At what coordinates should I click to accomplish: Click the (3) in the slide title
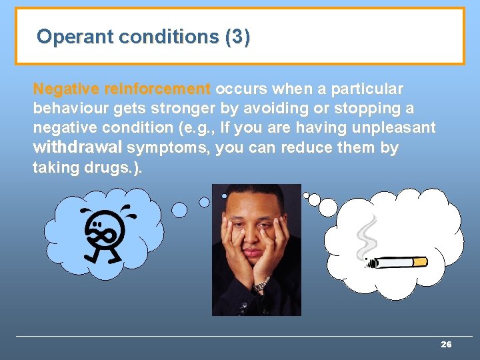pyautogui.click(x=238, y=36)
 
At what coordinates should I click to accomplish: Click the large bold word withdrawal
pyautogui.click(x=77, y=147)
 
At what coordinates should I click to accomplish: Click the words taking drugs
pyautogui.click(x=87, y=167)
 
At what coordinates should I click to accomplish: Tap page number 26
pyautogui.click(x=446, y=345)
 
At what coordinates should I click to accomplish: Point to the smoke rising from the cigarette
pyautogui.click(x=367, y=237)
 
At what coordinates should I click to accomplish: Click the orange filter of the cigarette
pyautogui.click(x=419, y=262)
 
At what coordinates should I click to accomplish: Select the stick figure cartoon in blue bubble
pyautogui.click(x=103, y=233)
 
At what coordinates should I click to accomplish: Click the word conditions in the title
pyautogui.click(x=169, y=36)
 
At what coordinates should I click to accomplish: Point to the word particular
pyautogui.click(x=370, y=89)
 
